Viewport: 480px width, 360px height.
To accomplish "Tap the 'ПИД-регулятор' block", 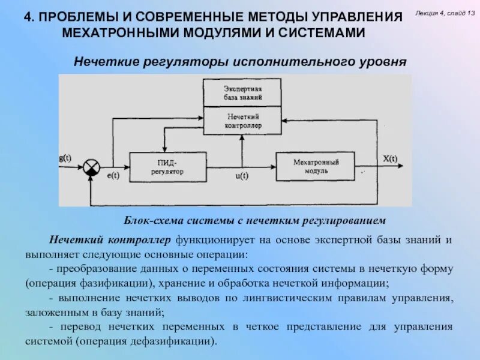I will (x=168, y=167).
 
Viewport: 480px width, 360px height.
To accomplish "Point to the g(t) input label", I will (x=65, y=158).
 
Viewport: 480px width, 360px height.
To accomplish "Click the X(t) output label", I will (x=390, y=158).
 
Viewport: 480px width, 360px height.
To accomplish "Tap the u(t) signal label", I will (x=242, y=176).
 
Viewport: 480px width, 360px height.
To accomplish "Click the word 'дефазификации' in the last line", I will (x=179, y=341).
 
